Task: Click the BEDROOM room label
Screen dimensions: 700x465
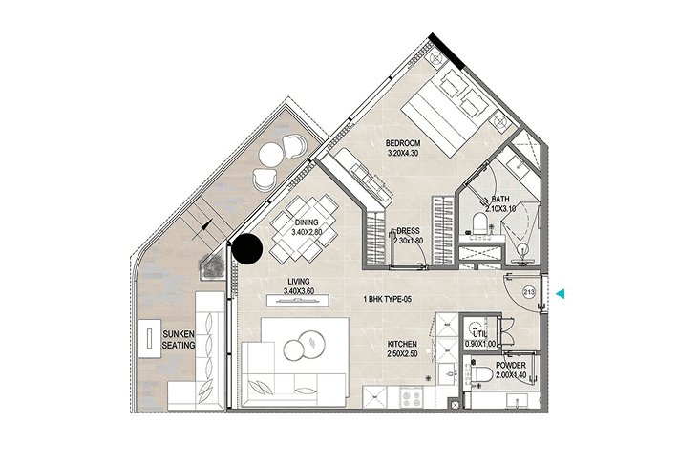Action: [403, 143]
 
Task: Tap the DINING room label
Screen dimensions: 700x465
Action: [307, 222]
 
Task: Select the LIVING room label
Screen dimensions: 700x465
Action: [299, 282]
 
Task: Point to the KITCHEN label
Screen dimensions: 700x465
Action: [402, 344]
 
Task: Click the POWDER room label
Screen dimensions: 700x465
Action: [511, 365]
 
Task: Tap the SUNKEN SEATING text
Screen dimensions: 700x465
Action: [179, 340]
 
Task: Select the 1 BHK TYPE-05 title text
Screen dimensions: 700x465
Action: [387, 299]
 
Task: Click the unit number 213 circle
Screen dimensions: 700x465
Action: [529, 293]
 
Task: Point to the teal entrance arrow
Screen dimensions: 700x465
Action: [561, 294]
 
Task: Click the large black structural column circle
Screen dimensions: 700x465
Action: [247, 249]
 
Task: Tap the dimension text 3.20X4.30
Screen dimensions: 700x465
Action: [403, 153]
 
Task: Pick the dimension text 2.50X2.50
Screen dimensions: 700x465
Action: [402, 354]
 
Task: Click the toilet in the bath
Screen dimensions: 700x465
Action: [480, 223]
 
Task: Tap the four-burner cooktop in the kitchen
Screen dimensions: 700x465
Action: [412, 397]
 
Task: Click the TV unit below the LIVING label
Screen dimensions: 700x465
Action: [298, 301]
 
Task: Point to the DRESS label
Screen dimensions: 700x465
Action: [408, 231]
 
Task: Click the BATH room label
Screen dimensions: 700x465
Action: [500, 199]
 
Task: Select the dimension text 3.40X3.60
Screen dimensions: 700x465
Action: [299, 291]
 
